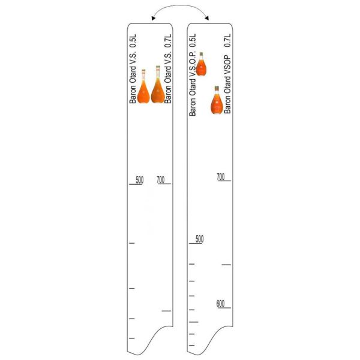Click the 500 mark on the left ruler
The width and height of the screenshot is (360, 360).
coord(140,180)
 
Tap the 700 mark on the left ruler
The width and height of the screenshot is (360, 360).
coord(161,180)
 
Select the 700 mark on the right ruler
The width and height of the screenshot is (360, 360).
coord(221,177)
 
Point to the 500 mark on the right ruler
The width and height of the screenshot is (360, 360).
coord(200,239)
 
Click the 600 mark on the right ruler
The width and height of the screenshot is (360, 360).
coord(220,304)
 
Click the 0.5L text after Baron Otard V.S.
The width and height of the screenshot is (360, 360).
coord(133,41)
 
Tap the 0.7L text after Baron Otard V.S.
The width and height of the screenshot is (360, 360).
coord(168,41)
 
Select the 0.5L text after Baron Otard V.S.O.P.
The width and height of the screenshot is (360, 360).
coord(193,40)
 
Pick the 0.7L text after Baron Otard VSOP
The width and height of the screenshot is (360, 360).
coord(227,40)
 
